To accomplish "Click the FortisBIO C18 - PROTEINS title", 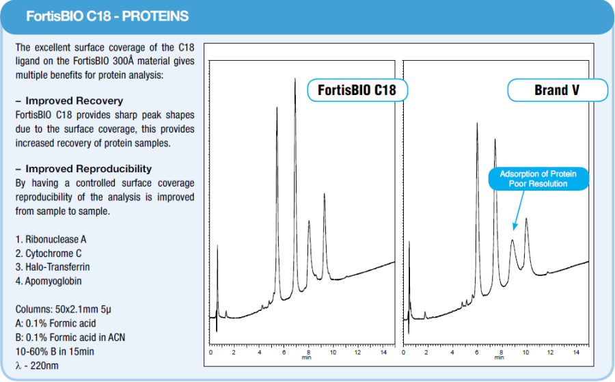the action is pos(107,16).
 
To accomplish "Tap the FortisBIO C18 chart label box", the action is pos(357,90).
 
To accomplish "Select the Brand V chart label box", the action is pos(558,90).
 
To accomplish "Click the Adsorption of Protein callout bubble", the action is pos(538,179).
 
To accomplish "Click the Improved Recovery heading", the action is pos(74,100).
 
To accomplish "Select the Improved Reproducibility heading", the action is pos(88,169).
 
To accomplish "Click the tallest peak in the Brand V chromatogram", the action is pos(477,124).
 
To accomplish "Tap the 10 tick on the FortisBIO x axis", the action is pos(333,352).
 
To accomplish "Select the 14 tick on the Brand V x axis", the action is pos(576,352).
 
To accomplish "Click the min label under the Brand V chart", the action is pos(499,357).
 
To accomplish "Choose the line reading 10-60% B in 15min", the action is pos(55,351).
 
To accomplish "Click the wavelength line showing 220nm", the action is pos(37,366).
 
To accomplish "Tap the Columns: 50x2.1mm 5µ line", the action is pos(63,309).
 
